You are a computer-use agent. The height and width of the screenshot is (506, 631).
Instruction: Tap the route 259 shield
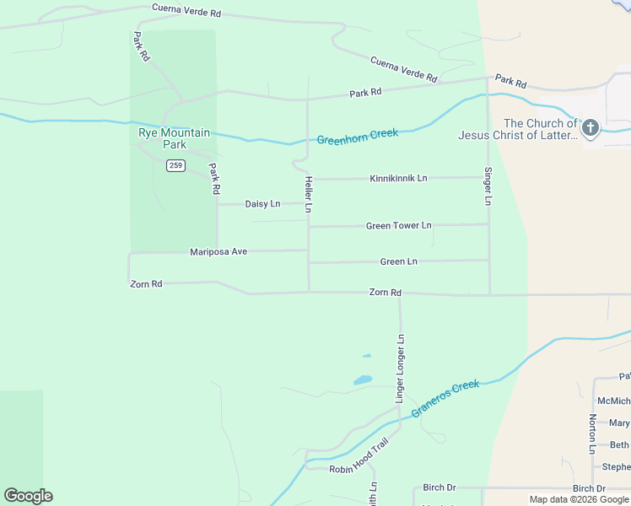pos(175,165)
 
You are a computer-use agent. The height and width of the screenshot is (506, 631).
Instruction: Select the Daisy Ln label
pos(262,204)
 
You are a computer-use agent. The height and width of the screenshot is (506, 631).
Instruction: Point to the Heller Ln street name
pos(309,194)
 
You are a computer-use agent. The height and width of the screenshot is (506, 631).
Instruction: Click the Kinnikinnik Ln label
pos(398,179)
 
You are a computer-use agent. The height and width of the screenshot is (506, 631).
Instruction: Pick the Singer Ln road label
pos(488,186)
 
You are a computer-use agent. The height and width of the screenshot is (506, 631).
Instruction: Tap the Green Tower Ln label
pos(398,226)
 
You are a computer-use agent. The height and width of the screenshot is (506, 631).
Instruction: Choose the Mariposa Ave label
pos(218,251)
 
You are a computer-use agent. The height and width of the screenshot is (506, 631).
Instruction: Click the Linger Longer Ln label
pos(401,367)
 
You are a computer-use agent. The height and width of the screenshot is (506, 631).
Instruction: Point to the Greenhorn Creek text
pos(358,136)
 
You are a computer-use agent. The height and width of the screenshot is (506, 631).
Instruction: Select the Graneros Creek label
pos(445,399)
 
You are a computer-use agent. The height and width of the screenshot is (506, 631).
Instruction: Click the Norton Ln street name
pos(593,433)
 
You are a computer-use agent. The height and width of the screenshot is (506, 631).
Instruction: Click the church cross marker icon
pos(591,128)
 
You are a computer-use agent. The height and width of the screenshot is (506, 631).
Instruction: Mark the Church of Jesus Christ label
pos(517,129)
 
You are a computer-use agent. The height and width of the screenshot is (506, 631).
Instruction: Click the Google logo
pos(28,496)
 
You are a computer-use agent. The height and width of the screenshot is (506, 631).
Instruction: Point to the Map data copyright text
pos(579,499)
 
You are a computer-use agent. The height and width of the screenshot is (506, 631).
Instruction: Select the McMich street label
pos(613,401)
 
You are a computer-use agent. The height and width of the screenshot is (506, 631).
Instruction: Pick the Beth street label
pos(619,445)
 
